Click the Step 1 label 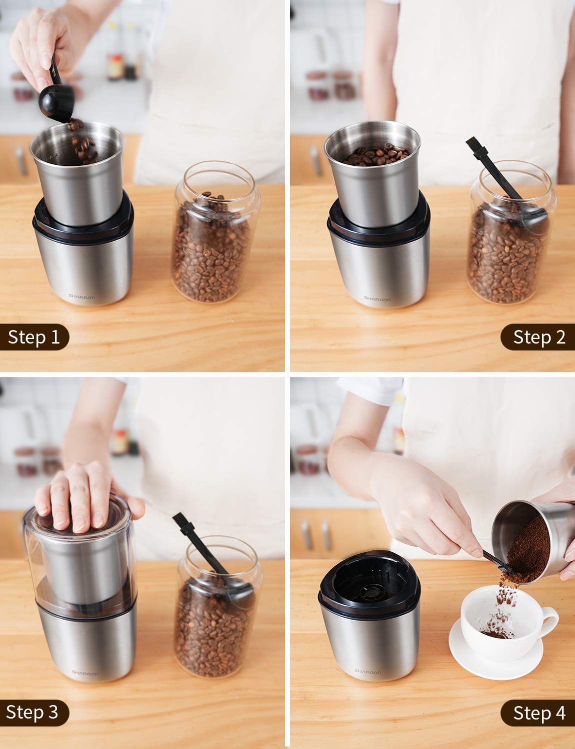(34, 337)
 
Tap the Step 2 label (538, 337)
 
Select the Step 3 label (33, 712)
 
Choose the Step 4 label (538, 713)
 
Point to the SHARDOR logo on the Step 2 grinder (377, 298)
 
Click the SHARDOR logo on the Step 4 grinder (367, 672)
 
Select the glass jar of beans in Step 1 (213, 235)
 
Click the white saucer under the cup (495, 659)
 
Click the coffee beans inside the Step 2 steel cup (375, 155)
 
